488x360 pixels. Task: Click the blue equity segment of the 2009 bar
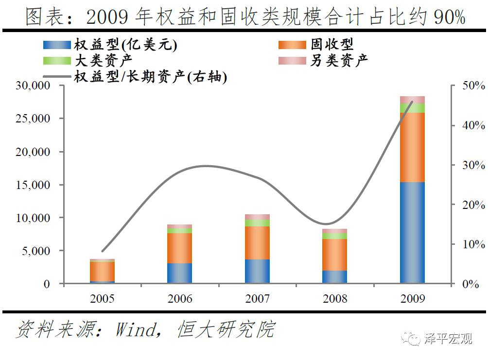412,232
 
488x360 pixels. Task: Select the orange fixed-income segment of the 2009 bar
412,147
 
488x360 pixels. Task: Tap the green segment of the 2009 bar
412,108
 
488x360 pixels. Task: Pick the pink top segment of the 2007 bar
257,217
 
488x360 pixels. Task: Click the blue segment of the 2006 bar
179,273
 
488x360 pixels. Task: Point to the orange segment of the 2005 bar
102,271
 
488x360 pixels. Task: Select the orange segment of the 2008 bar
334,255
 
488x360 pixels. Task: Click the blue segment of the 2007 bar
257,271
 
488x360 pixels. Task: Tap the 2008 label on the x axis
334,298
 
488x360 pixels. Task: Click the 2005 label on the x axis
102,298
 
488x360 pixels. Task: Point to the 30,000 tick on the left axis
34,86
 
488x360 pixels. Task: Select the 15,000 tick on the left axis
34,185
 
